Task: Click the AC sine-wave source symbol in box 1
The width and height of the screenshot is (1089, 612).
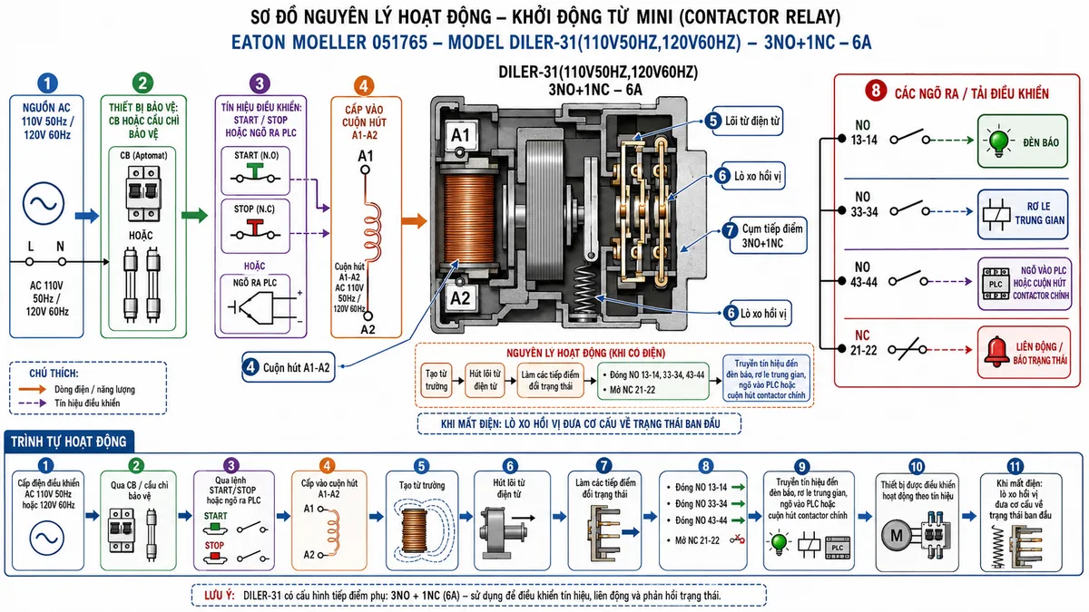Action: pyautogui.click(x=44, y=203)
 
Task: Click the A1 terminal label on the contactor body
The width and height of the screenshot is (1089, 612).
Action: pyautogui.click(x=460, y=135)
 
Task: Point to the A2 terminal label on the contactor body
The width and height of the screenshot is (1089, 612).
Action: pyautogui.click(x=460, y=297)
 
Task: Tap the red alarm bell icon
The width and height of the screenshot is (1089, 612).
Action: pyautogui.click(x=996, y=351)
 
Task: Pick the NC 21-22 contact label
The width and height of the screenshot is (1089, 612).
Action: pyautogui.click(x=863, y=343)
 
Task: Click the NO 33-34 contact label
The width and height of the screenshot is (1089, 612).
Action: pyautogui.click(x=864, y=205)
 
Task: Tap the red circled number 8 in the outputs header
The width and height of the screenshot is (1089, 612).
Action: pyautogui.click(x=876, y=91)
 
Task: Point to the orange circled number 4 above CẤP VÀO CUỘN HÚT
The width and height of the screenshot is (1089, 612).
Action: pyautogui.click(x=364, y=86)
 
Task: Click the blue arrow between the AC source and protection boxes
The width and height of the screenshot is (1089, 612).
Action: pyautogui.click(x=87, y=216)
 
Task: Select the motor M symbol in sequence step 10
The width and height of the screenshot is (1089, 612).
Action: pyautogui.click(x=896, y=536)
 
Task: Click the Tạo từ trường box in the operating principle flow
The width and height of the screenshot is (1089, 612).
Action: pyautogui.click(x=437, y=380)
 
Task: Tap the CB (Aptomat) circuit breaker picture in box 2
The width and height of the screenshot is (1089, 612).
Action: pyautogui.click(x=143, y=194)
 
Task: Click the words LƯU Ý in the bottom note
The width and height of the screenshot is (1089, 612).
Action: pyautogui.click(x=219, y=596)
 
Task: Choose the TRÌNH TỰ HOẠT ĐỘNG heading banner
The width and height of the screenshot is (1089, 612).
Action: pyautogui.click(x=69, y=442)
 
